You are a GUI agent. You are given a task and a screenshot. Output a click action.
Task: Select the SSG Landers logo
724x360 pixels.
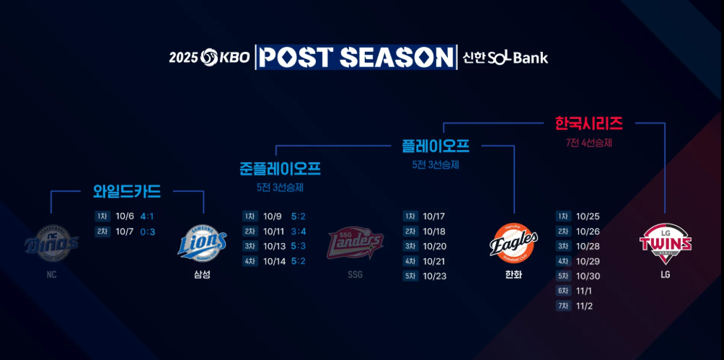pos(355,244)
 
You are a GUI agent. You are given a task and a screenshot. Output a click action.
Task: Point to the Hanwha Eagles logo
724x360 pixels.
pos(513,243)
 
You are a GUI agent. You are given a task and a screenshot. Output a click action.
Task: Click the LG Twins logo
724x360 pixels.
pos(665,243)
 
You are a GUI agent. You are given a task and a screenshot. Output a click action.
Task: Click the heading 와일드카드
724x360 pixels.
pos(127,191)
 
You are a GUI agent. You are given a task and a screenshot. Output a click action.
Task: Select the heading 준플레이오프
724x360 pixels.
pos(280,169)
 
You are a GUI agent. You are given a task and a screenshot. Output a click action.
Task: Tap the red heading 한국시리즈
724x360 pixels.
pos(588,123)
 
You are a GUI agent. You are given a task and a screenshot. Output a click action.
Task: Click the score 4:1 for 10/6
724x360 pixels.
pos(147,216)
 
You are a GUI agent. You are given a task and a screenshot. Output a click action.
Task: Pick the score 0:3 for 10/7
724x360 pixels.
pos(147,232)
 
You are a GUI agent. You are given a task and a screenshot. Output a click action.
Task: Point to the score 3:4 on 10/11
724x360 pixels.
pos(299,232)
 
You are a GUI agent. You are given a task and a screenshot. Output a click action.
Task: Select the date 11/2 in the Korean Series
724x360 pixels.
pos(584,307)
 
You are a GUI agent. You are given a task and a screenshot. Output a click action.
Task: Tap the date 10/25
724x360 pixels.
pos(588,216)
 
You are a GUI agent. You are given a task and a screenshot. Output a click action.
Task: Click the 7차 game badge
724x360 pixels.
pos(562,307)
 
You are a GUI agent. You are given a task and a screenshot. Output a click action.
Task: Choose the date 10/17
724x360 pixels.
pos(434,216)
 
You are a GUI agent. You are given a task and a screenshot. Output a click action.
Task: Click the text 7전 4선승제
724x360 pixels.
pos(588,143)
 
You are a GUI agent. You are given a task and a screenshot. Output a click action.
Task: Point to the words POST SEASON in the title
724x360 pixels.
pos(356,57)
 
